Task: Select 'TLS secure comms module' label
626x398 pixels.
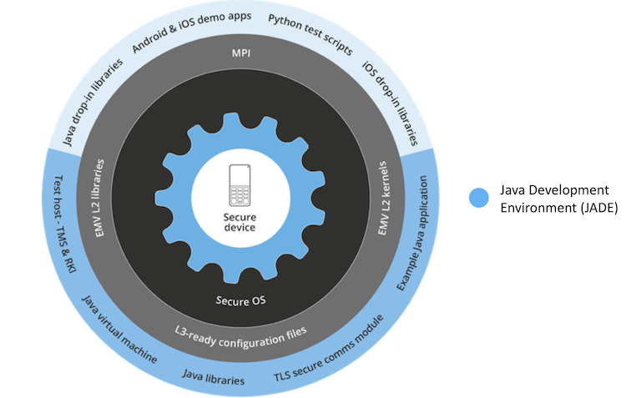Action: (330, 350)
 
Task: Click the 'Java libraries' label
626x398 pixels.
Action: (213, 379)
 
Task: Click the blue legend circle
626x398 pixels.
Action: (477, 198)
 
